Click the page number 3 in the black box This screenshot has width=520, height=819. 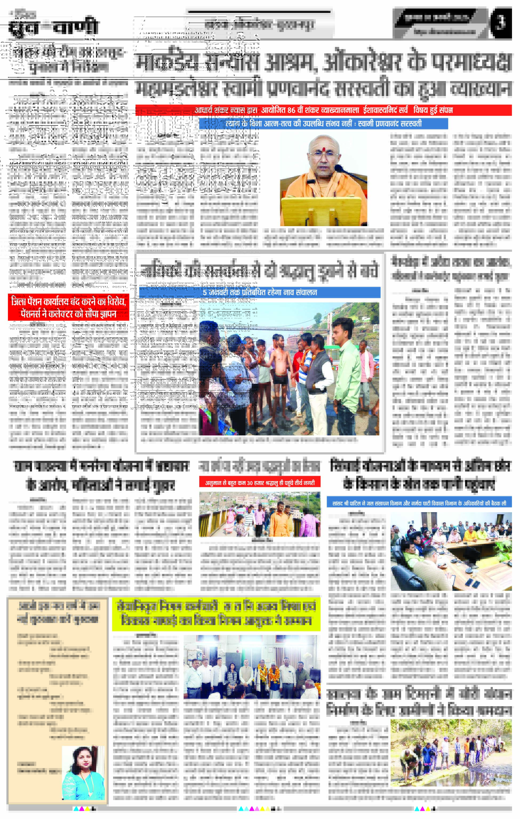tap(500, 23)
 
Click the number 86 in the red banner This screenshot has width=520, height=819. tap(291, 110)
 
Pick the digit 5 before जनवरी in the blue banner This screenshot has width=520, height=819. tap(205, 292)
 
